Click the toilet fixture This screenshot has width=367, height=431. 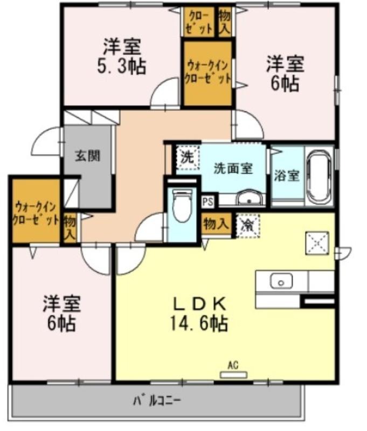point(182,205)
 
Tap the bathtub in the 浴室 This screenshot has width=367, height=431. point(320,178)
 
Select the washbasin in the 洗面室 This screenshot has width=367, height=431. point(249,197)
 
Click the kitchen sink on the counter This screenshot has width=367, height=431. point(281,281)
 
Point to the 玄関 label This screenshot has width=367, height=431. point(88,156)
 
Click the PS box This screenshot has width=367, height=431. point(208,202)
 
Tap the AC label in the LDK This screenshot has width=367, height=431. point(233,365)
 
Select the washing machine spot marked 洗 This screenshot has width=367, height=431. point(188,157)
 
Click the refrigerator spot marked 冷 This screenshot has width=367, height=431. point(247,226)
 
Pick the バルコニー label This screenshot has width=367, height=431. point(157,401)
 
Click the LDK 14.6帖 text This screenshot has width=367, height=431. point(199,314)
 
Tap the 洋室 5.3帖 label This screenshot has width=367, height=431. point(122,57)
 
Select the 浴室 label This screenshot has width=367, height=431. point(287,176)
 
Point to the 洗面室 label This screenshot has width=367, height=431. point(233,168)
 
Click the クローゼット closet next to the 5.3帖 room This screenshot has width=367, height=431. point(199,22)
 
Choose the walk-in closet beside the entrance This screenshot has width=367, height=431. point(36,211)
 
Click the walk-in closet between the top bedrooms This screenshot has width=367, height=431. point(207,73)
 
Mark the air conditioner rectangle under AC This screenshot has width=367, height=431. point(234,374)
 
